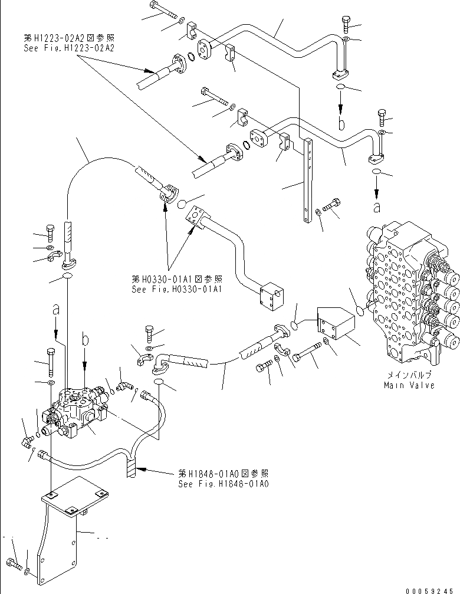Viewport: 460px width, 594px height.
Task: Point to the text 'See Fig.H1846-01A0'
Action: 224,483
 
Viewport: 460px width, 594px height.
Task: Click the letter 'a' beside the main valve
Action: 377,206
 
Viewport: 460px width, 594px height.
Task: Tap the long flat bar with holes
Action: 308,180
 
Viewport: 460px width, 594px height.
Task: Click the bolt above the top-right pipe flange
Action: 346,24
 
